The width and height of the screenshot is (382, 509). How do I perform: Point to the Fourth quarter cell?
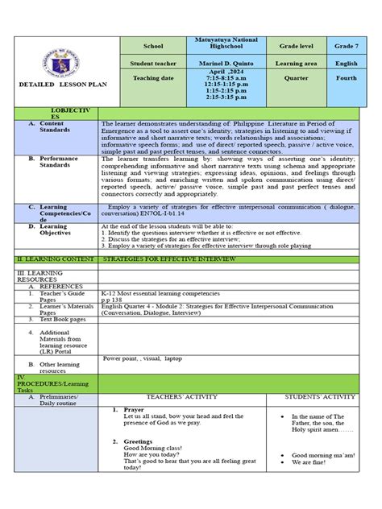pos(342,79)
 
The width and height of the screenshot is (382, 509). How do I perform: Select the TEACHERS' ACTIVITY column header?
pos(188,397)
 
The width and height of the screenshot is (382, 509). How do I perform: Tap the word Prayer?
pos(134,409)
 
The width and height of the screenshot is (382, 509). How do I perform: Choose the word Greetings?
pos(139,441)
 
